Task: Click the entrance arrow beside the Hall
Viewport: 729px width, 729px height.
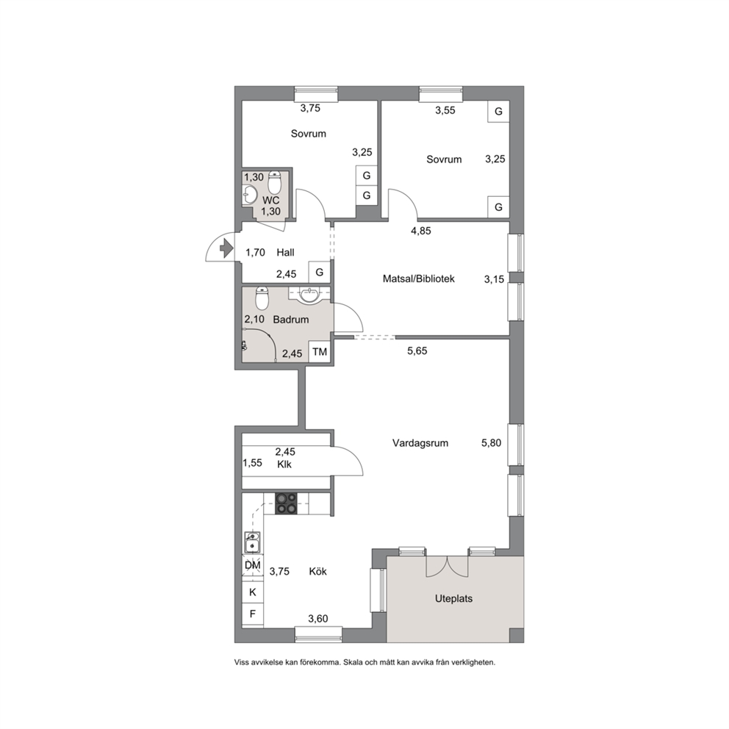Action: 227,248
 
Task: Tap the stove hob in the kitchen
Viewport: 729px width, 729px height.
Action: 286,503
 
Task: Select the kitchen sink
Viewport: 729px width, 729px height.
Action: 253,542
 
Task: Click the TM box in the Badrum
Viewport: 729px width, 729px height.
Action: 320,352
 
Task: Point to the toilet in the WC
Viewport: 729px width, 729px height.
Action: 275,183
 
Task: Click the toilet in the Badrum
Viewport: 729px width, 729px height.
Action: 262,298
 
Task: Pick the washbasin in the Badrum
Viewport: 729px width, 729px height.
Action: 309,295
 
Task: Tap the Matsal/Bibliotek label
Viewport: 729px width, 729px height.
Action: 418,279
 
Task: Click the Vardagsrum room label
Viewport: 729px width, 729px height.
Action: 420,443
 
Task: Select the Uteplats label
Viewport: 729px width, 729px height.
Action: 453,598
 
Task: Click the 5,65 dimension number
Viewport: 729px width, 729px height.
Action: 417,351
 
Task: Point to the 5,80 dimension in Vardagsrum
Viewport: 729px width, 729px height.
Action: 492,442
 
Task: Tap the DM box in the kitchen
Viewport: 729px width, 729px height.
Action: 253,565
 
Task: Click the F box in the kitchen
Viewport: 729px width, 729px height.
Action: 253,614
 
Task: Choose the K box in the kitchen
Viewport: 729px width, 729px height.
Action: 253,592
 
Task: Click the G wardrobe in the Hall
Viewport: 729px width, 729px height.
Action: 320,272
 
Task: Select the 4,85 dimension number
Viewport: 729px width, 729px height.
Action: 421,231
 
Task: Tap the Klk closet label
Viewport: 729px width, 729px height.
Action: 284,464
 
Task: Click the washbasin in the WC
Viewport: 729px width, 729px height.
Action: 249,195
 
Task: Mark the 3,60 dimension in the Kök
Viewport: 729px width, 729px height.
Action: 318,618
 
